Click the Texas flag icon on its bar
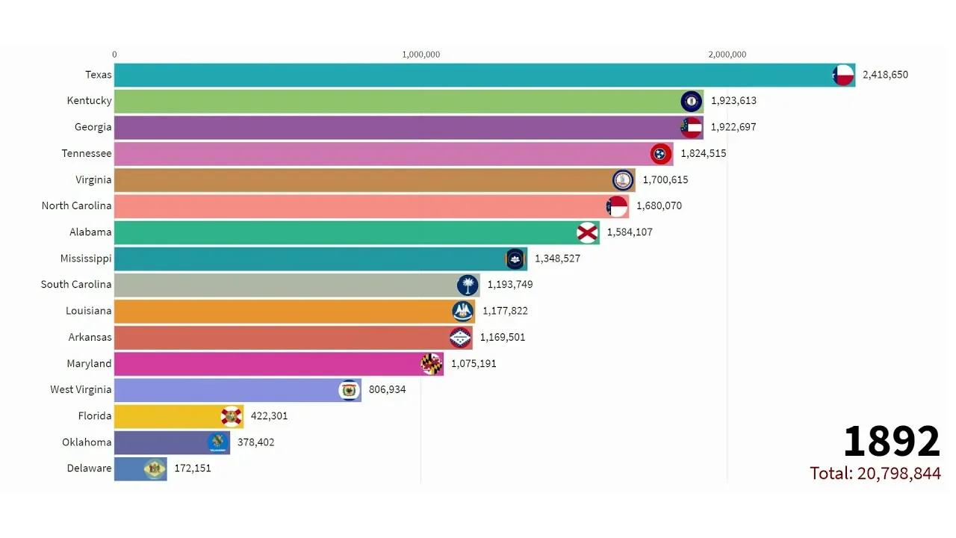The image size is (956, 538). click(x=842, y=75)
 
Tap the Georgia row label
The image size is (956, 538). click(x=93, y=127)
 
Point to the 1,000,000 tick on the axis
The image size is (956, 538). click(x=421, y=54)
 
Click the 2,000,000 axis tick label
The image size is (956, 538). click(x=727, y=54)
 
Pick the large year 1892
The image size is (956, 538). click(x=891, y=442)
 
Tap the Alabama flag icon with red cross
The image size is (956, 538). click(x=588, y=232)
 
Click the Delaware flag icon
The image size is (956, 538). click(x=155, y=469)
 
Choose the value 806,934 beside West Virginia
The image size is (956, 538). click(x=387, y=389)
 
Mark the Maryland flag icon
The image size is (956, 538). click(x=432, y=364)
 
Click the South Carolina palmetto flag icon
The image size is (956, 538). click(x=468, y=285)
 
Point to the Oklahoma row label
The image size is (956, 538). click(x=87, y=442)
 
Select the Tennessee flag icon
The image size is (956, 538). click(x=661, y=154)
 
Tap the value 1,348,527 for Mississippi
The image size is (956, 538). click(x=557, y=259)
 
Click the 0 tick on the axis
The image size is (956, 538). click(x=114, y=54)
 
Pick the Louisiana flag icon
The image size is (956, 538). click(x=463, y=312)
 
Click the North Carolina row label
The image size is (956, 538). click(x=76, y=206)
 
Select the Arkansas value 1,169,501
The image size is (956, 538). click(x=502, y=337)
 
